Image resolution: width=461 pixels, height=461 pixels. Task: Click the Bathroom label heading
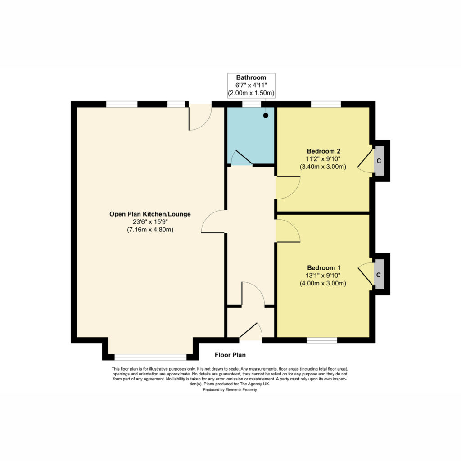[x=251, y=77]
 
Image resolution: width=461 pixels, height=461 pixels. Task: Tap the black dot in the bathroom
[x=266, y=116]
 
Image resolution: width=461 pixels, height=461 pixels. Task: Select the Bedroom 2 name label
[x=323, y=151]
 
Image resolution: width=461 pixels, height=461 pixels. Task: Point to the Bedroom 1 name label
[x=324, y=268]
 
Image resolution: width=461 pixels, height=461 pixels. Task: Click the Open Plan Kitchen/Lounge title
[x=150, y=214]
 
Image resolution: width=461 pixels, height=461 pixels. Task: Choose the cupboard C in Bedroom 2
[x=379, y=161]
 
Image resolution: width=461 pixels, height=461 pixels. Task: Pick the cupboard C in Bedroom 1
[x=379, y=275]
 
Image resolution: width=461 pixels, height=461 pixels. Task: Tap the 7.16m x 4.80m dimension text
[x=150, y=230]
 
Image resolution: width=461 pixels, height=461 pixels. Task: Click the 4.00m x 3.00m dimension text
[x=323, y=284]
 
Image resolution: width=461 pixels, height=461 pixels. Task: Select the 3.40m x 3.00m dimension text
[x=323, y=167]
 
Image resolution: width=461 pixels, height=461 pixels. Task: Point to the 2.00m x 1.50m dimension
[x=251, y=93]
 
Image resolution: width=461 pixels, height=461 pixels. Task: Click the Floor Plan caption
[x=230, y=355]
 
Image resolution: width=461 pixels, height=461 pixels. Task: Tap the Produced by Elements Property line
[x=230, y=390]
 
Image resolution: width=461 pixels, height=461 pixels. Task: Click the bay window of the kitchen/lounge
[x=150, y=357]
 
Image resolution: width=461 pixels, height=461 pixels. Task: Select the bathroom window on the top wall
[x=251, y=104]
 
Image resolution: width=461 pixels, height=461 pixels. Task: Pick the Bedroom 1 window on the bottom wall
[x=321, y=340]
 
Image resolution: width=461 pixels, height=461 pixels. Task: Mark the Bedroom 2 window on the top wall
[x=326, y=104]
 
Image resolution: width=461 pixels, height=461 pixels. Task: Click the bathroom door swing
[x=242, y=158]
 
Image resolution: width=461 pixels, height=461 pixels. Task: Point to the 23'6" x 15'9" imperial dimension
[x=150, y=222]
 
